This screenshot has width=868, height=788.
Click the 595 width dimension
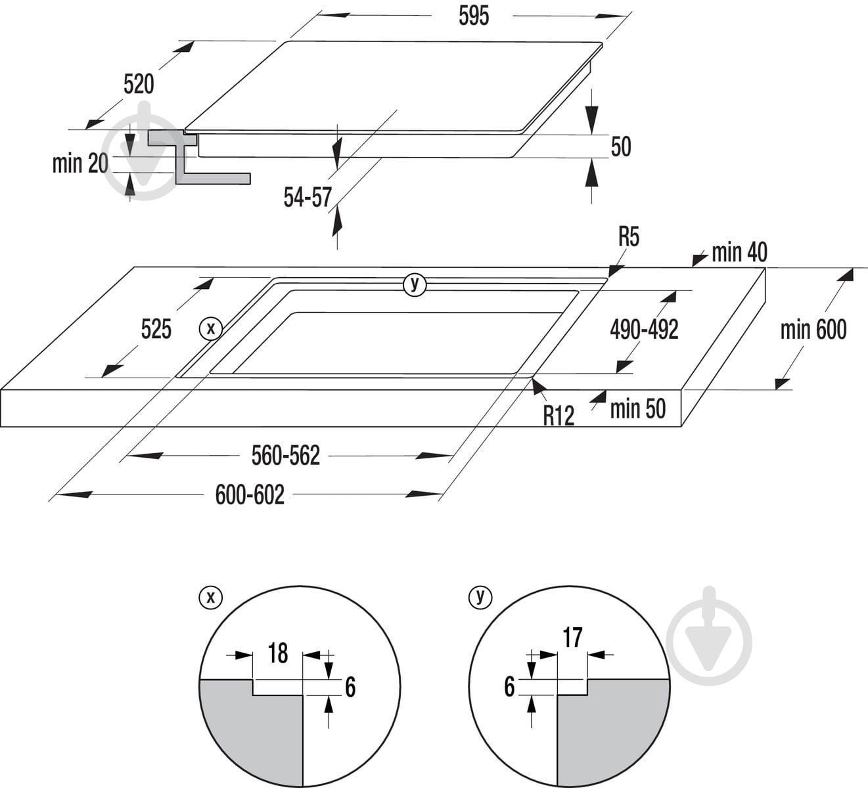click(474, 16)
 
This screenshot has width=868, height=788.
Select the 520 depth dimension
click(139, 84)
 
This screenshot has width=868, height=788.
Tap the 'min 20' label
click(80, 164)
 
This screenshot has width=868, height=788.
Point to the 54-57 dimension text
click(308, 198)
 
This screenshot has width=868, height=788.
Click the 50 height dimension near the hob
click(621, 146)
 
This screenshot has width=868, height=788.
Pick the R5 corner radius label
click(629, 237)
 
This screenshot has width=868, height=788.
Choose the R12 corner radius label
click(559, 416)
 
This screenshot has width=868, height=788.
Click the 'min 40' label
click(739, 253)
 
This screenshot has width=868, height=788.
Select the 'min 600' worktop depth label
click(813, 330)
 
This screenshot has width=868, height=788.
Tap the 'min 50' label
click(638, 408)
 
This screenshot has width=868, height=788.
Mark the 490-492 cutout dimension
click(645, 330)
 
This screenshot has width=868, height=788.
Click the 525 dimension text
click(156, 329)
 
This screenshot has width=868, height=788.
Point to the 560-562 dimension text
click(286, 456)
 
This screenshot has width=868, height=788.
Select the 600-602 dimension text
click(250, 494)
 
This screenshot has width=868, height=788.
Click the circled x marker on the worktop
click(211, 329)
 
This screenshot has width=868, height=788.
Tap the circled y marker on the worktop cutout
click(415, 284)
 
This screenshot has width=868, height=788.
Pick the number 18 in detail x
click(278, 653)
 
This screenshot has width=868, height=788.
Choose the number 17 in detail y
click(572, 638)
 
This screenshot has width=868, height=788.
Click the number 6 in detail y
click(510, 687)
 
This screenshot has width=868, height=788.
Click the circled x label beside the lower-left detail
click(211, 598)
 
